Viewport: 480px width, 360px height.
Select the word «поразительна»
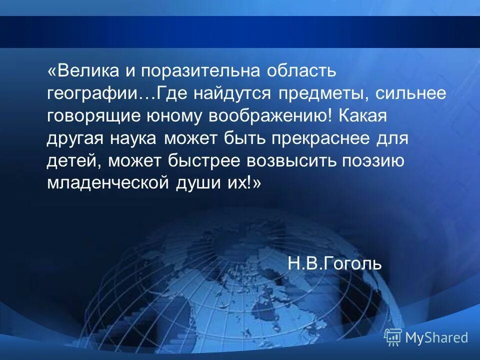click(200, 71)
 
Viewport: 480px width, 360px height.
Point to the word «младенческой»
click(107, 183)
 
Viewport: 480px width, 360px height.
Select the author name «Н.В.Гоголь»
click(334, 263)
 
